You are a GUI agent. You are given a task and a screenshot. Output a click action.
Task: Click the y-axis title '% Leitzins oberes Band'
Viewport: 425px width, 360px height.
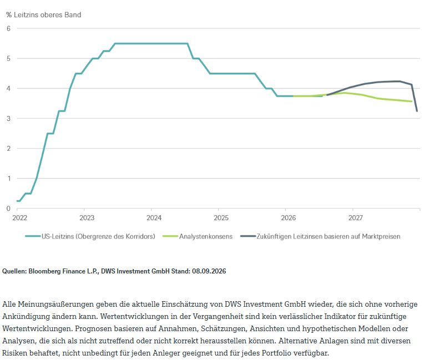(44, 15)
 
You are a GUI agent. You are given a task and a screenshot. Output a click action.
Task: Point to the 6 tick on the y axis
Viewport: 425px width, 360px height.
(9, 28)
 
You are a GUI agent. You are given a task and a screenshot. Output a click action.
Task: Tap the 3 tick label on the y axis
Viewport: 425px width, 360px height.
(9, 118)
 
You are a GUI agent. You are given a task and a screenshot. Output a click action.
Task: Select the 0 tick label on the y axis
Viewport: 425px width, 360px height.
(9, 209)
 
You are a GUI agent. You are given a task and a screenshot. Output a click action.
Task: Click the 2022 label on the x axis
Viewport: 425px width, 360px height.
(20, 218)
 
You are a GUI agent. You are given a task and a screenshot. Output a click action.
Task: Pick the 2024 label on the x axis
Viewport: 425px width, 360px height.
(154, 218)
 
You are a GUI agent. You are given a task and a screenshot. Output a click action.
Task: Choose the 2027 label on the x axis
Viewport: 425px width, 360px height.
(356, 218)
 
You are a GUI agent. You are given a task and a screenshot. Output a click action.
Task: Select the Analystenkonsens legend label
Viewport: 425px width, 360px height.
(206, 236)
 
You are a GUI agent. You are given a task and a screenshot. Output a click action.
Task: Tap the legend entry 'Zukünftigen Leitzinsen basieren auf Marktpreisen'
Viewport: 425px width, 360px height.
(328, 236)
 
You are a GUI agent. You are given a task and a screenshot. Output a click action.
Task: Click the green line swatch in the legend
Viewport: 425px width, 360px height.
(170, 236)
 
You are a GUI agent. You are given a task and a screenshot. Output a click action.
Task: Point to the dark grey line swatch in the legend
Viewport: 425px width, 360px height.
(248, 236)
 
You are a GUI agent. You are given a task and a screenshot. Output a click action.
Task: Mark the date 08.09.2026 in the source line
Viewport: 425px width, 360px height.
(209, 271)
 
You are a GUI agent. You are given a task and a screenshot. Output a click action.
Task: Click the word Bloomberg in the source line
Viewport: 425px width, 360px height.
(43, 271)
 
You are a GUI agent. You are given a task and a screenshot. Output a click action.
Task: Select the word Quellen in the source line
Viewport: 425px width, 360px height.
(14, 271)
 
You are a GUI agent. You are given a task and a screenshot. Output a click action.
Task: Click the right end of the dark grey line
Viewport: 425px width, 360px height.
(417, 111)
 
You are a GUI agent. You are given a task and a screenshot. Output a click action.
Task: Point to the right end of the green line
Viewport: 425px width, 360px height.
(412, 102)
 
